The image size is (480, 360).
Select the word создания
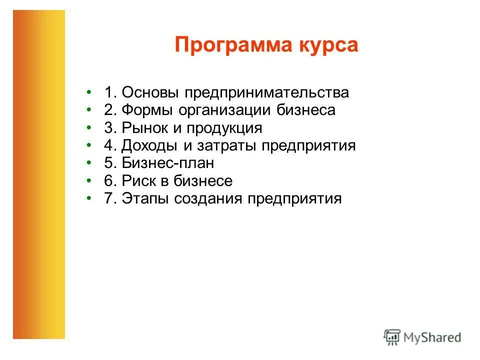click(209, 199)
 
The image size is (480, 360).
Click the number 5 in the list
click(108, 163)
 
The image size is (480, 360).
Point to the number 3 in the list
click(108, 128)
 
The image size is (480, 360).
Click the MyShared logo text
click(432, 337)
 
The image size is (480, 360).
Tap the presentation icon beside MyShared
click(392, 337)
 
